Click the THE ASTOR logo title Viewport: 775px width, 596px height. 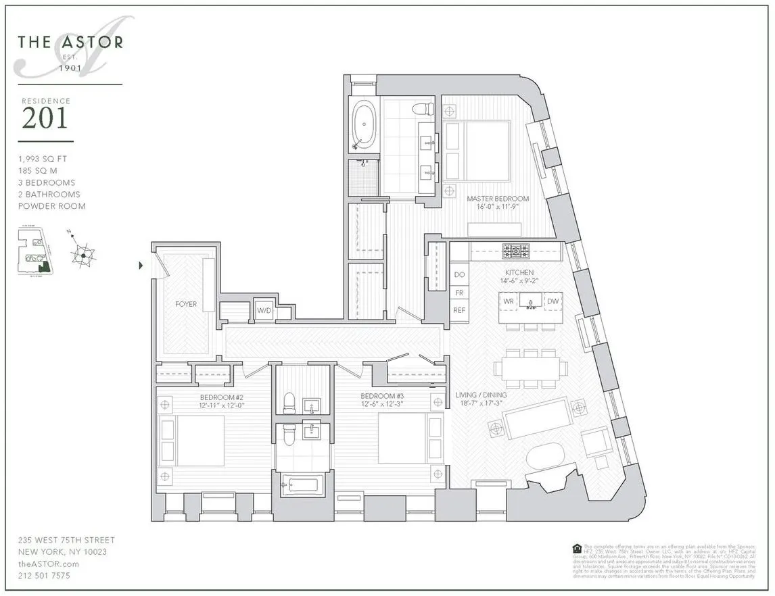[x=70, y=42]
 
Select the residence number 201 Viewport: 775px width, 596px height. [x=45, y=118]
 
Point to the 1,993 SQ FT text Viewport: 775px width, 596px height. [x=43, y=159]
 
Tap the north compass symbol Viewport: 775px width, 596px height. [x=83, y=254]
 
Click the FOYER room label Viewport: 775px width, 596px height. [x=185, y=304]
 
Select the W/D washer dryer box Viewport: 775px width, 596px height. [x=264, y=311]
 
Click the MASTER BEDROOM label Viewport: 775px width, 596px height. [x=498, y=199]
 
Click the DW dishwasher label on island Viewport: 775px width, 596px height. [x=552, y=301]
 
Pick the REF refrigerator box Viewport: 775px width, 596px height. [x=459, y=311]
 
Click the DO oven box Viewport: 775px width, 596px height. [x=459, y=275]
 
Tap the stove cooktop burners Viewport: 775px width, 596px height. [x=515, y=251]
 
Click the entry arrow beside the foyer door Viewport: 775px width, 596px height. [x=141, y=266]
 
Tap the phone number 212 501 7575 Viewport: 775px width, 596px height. [x=44, y=576]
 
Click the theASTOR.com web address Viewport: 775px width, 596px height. [x=49, y=564]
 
